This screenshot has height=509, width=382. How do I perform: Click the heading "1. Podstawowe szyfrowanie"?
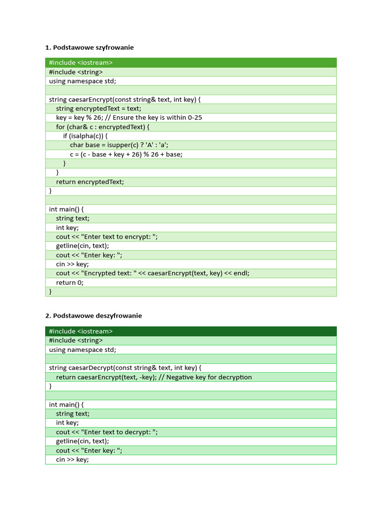(90, 48)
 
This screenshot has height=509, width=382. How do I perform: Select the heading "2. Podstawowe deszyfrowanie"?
(94, 316)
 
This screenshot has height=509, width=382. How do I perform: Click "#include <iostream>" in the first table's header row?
(81, 63)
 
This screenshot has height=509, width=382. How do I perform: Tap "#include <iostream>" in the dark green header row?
(81, 331)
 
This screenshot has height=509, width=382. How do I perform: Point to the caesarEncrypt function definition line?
(124, 99)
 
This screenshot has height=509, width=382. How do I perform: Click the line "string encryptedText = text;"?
(98, 108)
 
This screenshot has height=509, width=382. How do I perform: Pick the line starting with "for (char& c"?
(102, 127)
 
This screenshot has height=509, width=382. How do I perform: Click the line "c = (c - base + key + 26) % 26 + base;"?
(126, 154)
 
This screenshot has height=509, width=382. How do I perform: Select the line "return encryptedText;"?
(90, 182)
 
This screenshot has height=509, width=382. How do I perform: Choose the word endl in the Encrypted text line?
(241, 273)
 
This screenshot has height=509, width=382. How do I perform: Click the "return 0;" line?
(70, 282)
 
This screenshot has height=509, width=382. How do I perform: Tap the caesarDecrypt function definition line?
(125, 368)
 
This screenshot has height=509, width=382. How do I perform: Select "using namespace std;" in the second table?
(83, 349)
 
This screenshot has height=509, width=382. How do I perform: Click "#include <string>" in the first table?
(76, 72)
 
